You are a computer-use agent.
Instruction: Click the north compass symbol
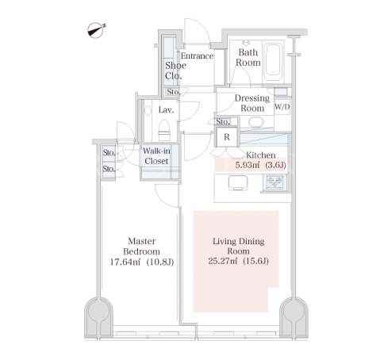[96, 30]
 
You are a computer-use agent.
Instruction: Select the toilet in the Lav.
[164, 130]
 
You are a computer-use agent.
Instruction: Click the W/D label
[282, 107]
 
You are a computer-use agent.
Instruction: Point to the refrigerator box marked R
[227, 137]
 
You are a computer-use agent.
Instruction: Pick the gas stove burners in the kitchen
[275, 182]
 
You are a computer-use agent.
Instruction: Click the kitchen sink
[238, 182]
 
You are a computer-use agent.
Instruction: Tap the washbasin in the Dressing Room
[256, 123]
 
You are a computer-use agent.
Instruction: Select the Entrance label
[197, 56]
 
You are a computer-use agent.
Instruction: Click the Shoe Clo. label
[175, 71]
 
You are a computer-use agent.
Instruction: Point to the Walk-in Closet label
[156, 156]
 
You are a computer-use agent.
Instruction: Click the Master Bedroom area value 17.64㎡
[125, 262]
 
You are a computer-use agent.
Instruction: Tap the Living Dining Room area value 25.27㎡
[223, 261]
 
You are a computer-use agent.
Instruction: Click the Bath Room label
[248, 57]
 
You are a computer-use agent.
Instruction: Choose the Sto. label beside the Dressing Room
[223, 121]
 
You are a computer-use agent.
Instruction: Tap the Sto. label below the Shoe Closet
[174, 92]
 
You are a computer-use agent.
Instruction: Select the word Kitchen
[260, 155]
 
